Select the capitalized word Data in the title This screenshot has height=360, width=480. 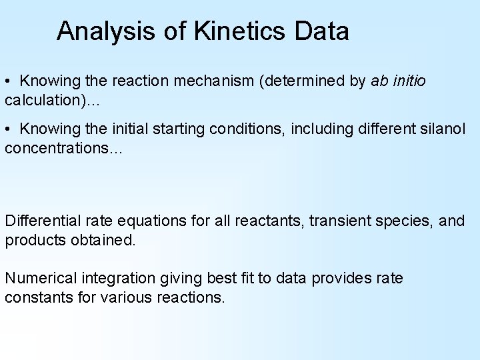coord(321,31)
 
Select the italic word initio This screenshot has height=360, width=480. coord(407,81)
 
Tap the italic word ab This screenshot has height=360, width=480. coord(378,81)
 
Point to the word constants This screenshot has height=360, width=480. coord(39,297)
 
